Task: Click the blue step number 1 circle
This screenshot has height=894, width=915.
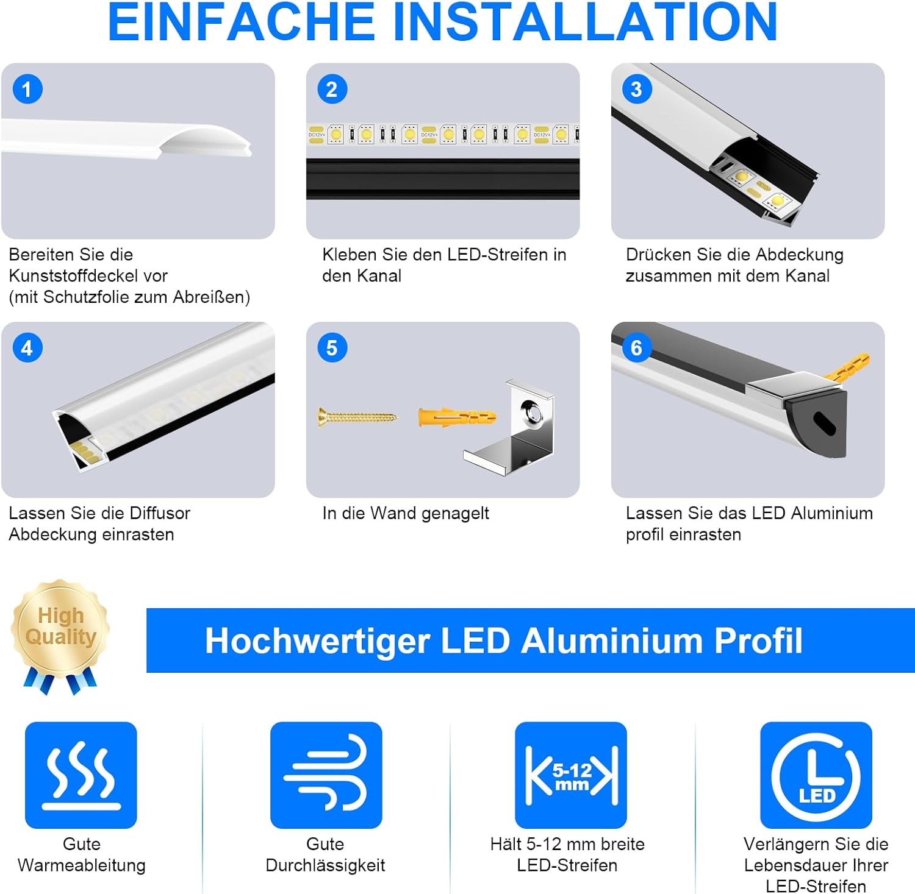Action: click(27, 89)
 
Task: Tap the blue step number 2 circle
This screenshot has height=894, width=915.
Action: click(332, 89)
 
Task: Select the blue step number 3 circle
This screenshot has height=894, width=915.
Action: click(637, 89)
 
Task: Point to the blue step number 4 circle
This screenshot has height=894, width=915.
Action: click(27, 348)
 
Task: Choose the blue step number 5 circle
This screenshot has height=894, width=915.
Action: click(332, 348)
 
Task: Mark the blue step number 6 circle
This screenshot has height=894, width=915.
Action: click(637, 348)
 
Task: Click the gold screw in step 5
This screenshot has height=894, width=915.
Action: click(357, 417)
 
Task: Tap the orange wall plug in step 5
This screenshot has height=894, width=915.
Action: click(457, 418)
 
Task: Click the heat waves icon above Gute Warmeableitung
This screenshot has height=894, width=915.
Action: click(81, 775)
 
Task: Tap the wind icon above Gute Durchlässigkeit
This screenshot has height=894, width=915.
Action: click(326, 775)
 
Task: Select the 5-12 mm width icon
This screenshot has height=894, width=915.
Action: click(571, 775)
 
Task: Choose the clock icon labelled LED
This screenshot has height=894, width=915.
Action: click(816, 775)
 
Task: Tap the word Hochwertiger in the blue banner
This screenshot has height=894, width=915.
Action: click(318, 642)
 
